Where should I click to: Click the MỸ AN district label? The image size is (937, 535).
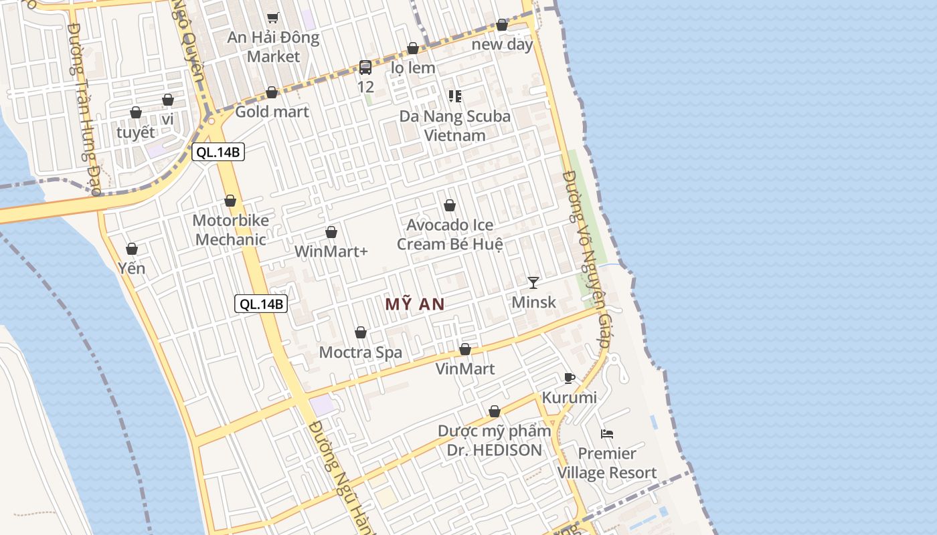tap(415, 304)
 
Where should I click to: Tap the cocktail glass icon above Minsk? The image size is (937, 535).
tap(533, 282)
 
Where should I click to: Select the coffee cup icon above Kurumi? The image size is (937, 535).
tap(569, 378)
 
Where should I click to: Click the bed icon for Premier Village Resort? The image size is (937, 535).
tap(607, 434)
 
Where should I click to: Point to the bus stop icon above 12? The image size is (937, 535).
tap(365, 67)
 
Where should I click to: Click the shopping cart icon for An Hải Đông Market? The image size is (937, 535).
tap(272, 17)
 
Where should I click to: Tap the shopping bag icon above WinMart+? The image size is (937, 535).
tap(331, 232)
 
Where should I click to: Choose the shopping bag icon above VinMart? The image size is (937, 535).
tap(465, 349)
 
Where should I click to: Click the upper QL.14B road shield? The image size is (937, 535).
tap(218, 152)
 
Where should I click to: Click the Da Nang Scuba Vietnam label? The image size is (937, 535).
tap(455, 126)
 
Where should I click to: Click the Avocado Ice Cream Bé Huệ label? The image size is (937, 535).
tap(450, 235)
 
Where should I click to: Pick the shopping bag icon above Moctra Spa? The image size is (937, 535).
tap(361, 332)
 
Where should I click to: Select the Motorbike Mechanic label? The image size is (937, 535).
tap(231, 230)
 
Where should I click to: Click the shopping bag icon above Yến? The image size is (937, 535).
tap(132, 249)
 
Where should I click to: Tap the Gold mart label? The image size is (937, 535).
tap(272, 112)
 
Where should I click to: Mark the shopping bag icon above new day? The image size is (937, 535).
tap(502, 25)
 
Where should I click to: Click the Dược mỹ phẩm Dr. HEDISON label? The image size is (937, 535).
tap(495, 441)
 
